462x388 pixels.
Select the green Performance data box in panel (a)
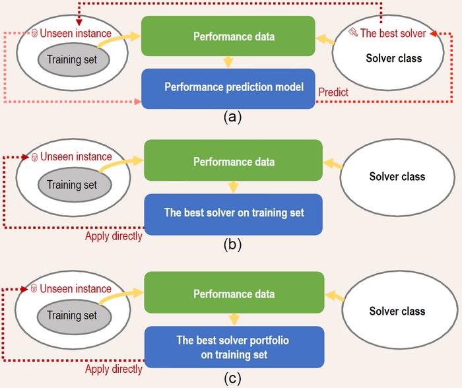[x=228, y=36]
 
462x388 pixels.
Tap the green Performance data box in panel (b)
[x=233, y=161]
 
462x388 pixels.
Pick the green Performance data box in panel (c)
[x=233, y=293]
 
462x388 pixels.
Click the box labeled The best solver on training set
[x=233, y=213]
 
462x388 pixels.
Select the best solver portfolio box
[x=233, y=347]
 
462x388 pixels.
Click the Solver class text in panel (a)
[x=393, y=58]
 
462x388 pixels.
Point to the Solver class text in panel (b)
[x=397, y=177]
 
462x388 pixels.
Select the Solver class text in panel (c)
[x=397, y=311]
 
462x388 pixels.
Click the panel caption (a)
[x=232, y=117]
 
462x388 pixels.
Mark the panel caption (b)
[x=232, y=243]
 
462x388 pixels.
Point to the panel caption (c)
[x=232, y=378]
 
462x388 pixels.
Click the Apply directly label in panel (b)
[x=114, y=236]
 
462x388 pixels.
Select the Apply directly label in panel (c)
[x=114, y=369]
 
